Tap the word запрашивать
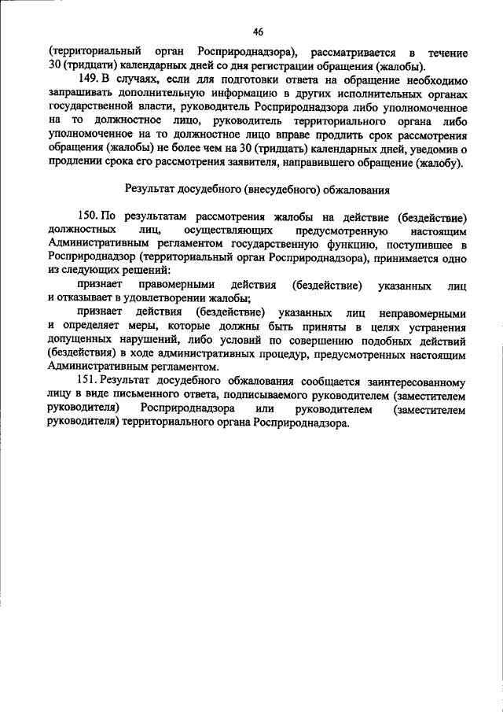point(83,93)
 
